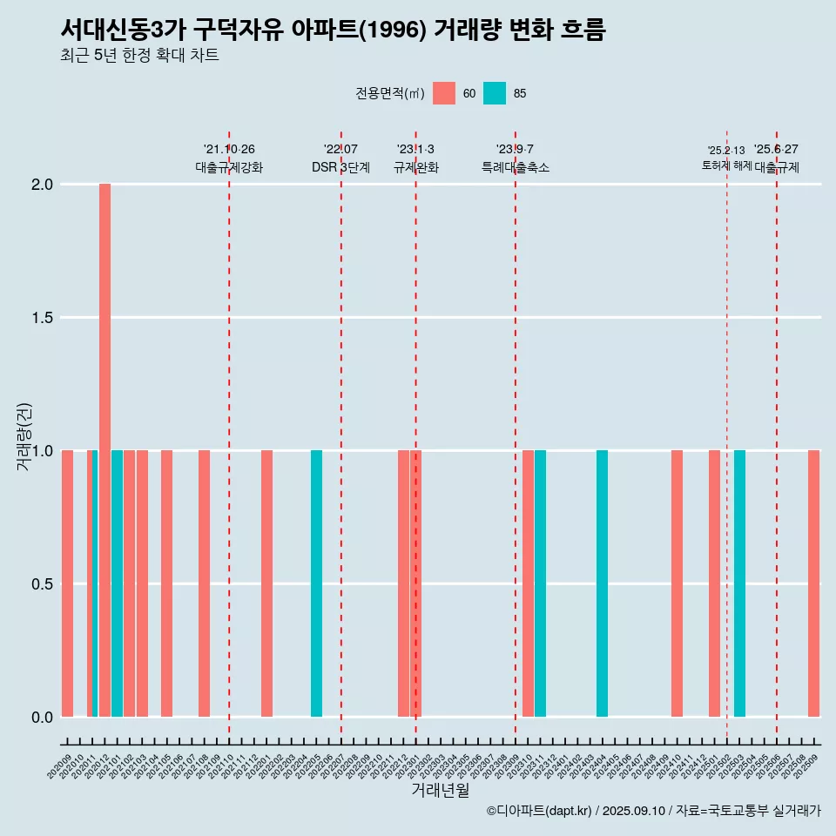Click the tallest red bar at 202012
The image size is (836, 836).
[x=104, y=450]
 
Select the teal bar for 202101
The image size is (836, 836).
[x=117, y=583]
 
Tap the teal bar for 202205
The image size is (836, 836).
[x=316, y=583]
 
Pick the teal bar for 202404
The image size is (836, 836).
[x=602, y=583]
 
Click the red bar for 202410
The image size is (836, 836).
[x=677, y=583]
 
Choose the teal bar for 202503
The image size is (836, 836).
[x=739, y=583]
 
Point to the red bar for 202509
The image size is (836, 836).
[x=813, y=583]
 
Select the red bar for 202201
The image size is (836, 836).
[x=266, y=583]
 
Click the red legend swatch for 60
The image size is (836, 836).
[x=444, y=93]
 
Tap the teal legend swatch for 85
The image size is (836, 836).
[x=495, y=93]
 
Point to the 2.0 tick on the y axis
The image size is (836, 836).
[x=44, y=185]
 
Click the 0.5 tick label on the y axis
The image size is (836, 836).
[x=44, y=583]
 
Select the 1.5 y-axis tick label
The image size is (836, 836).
[x=44, y=318]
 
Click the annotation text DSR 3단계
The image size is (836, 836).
[x=340, y=167]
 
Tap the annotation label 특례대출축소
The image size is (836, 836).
[x=516, y=167]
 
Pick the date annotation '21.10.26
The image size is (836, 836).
[x=229, y=150]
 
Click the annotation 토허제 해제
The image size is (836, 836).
[x=726, y=165]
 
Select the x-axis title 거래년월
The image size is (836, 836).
[x=440, y=791]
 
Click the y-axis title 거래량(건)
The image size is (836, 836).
[x=24, y=435]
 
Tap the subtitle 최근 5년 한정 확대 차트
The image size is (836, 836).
[x=139, y=56]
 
